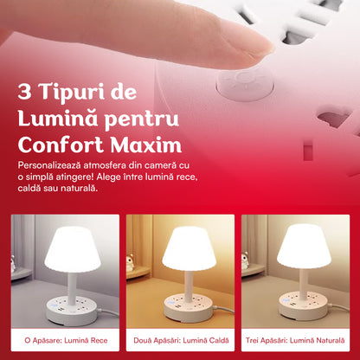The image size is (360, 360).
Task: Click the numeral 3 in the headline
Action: (x=27, y=93)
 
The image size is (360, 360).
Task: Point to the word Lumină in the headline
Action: (x=60, y=119)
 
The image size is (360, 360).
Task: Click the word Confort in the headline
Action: (x=60, y=144)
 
